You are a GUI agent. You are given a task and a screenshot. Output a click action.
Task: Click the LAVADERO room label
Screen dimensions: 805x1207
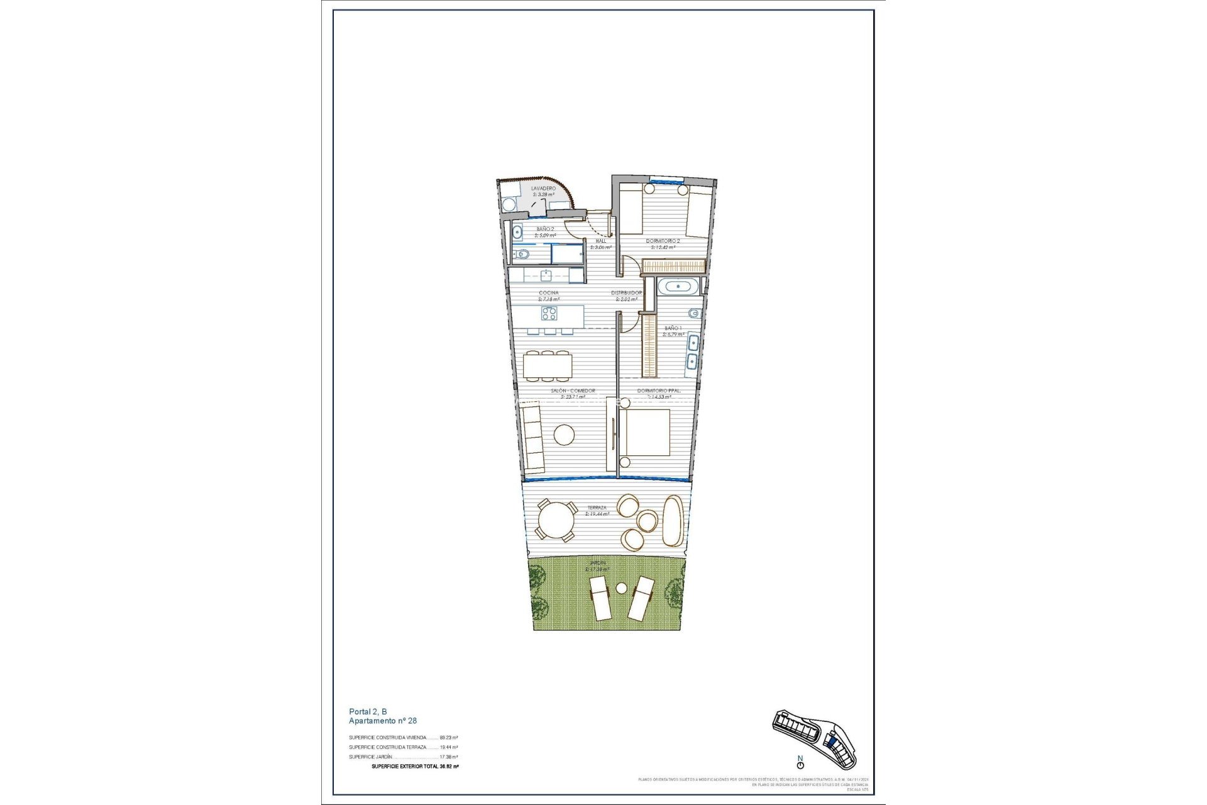tap(543, 188)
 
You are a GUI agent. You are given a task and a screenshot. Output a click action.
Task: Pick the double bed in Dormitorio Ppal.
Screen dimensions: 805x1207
tap(645, 433)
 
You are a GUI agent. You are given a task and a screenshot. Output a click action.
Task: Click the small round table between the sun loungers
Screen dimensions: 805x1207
tap(622, 589)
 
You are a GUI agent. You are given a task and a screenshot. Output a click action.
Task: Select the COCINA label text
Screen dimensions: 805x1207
tap(548, 293)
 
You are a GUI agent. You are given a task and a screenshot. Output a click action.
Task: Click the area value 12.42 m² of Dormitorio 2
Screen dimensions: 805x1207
tap(663, 247)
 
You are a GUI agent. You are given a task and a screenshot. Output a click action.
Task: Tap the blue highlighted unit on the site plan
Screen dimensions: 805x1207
tap(831, 743)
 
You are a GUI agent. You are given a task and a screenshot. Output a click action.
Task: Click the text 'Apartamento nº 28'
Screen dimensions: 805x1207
tap(383, 721)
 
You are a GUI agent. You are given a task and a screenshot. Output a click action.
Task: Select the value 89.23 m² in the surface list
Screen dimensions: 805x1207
tap(449, 738)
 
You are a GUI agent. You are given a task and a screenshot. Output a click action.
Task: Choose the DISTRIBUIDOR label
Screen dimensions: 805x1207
tap(627, 293)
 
